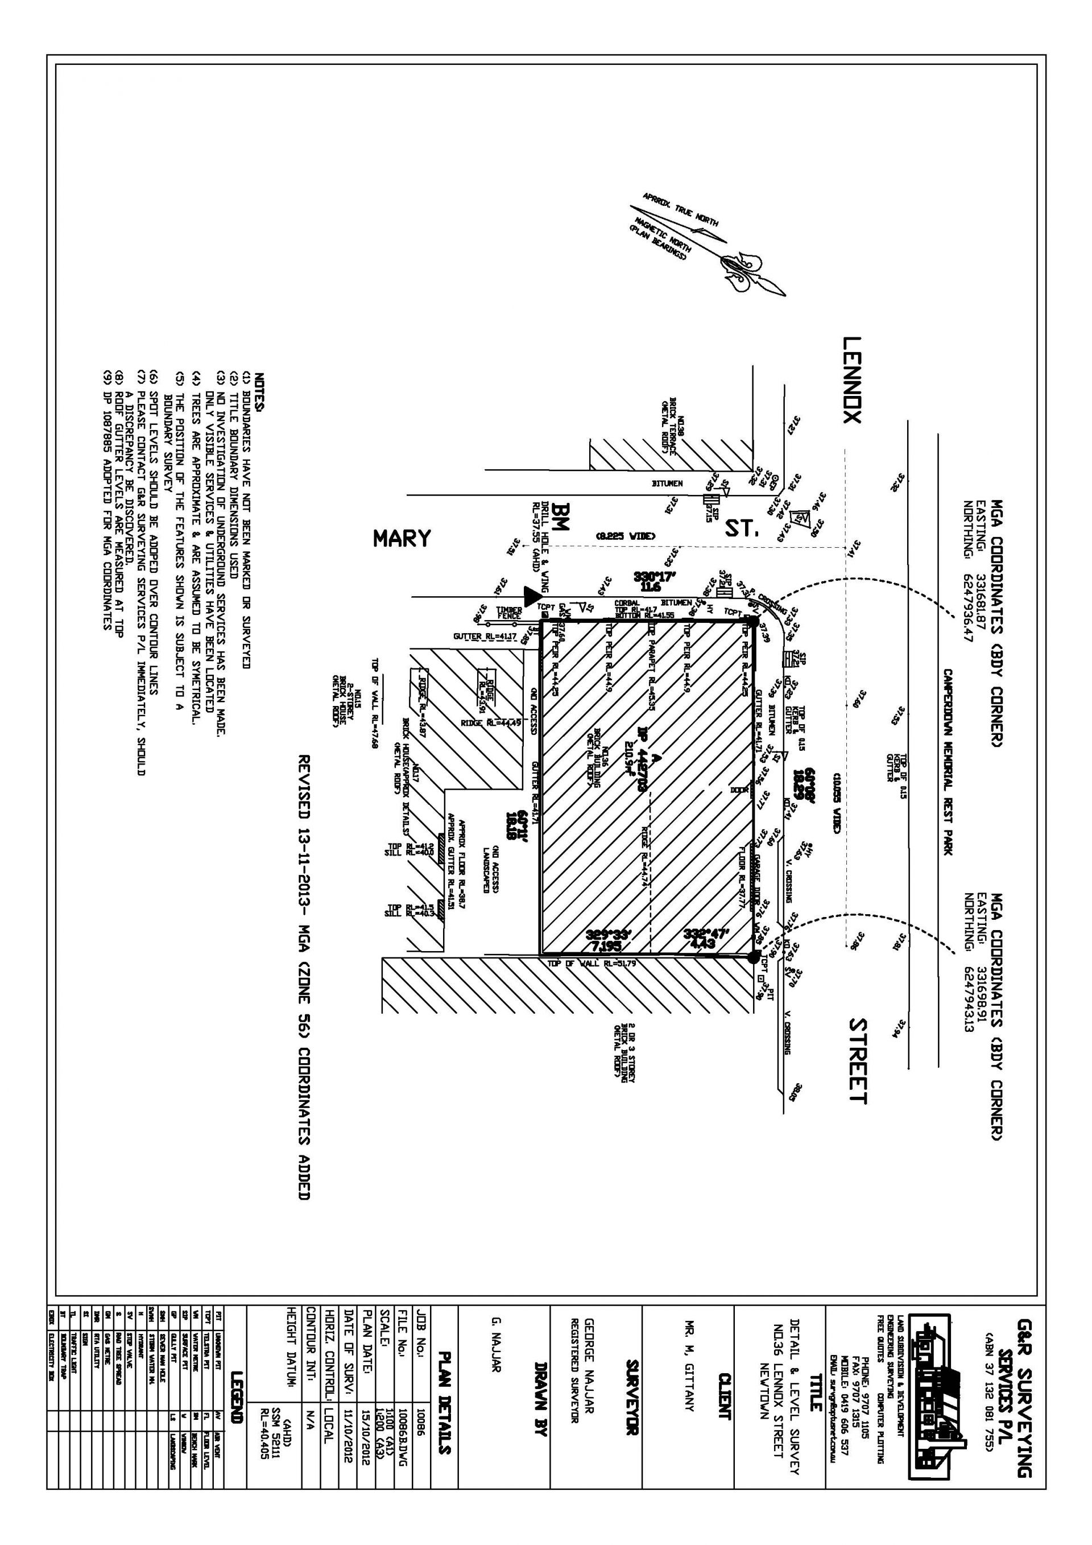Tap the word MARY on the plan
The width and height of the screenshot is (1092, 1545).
(x=402, y=538)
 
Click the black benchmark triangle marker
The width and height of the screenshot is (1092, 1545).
(x=533, y=595)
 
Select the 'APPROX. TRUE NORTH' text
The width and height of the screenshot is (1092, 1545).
(x=680, y=209)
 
